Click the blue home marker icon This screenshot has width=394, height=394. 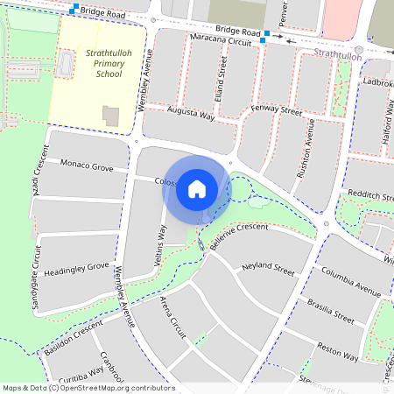point(197,188)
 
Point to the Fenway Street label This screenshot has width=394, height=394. point(277,112)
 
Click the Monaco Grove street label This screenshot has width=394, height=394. point(87,165)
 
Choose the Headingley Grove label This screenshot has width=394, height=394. point(76,266)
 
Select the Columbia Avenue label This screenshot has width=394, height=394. point(350,278)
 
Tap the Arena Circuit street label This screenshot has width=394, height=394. point(172,316)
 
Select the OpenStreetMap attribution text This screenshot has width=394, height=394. point(88,388)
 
